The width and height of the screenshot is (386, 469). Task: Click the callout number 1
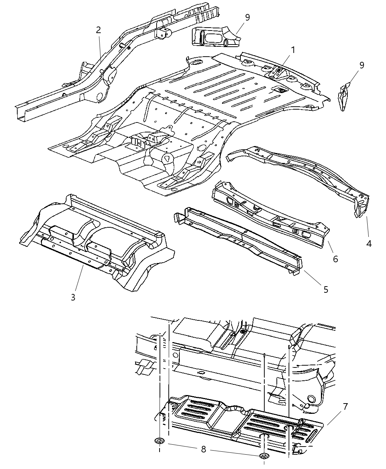[293, 50]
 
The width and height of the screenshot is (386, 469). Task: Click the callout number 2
[98, 30]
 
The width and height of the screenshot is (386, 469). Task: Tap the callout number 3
[73, 297]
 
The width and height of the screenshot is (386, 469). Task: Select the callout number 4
[369, 243]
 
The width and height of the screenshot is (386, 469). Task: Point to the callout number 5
[326, 289]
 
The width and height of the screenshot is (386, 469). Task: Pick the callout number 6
[335, 259]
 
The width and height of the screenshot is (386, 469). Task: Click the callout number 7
[345, 407]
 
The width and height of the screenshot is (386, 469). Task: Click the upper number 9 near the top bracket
[247, 17]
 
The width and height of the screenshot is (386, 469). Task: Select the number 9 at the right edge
[362, 65]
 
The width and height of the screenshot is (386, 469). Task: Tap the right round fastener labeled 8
[264, 456]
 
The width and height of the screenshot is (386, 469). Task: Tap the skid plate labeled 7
[239, 423]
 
